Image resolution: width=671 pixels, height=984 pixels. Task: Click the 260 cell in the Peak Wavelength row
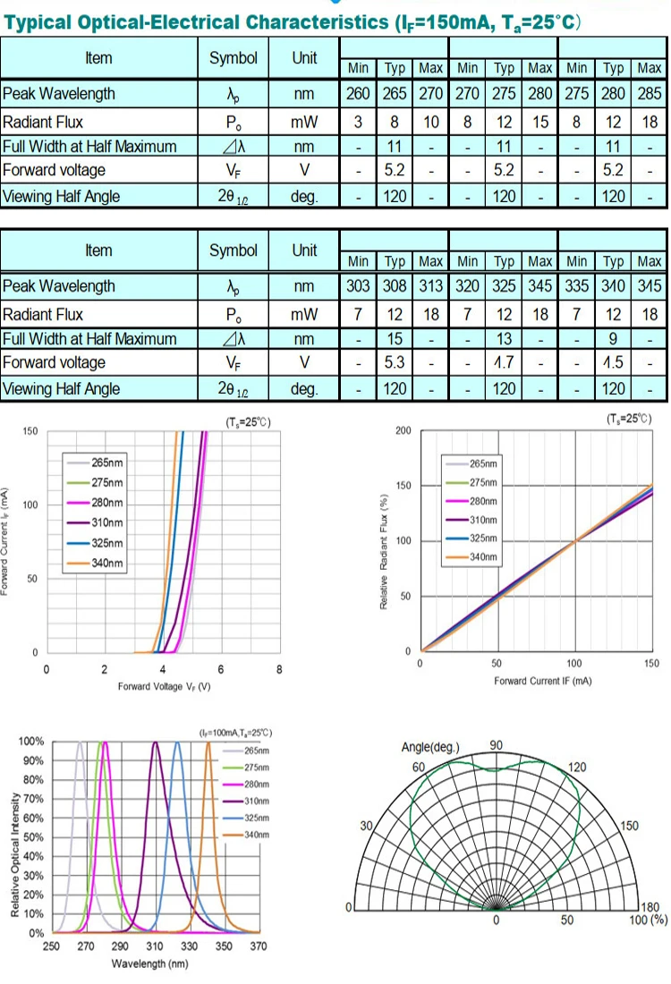point(358,94)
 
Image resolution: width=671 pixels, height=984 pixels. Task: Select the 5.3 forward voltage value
point(395,362)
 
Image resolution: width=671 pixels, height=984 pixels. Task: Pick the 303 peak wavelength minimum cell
point(358,286)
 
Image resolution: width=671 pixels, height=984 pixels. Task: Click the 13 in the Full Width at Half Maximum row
point(505,339)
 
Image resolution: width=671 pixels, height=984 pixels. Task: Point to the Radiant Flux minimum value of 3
point(358,123)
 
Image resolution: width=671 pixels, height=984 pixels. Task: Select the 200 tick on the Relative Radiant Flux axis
point(403,431)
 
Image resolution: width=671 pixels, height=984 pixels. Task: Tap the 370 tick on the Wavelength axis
point(259,946)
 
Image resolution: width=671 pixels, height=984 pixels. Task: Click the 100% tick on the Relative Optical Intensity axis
point(31,742)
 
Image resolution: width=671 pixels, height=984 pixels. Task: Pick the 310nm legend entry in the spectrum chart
point(257,801)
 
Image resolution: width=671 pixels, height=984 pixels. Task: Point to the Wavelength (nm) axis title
point(149,963)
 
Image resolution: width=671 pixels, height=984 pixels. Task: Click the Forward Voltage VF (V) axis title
point(164,686)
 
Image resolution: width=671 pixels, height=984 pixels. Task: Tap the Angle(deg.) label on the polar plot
point(430,748)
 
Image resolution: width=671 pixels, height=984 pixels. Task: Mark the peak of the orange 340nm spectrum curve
point(208,742)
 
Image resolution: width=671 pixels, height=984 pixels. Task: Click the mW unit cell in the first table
point(304,123)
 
